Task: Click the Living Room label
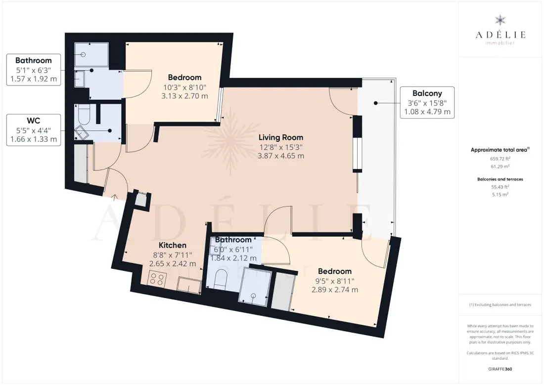click(281, 137)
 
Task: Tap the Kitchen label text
click(173, 245)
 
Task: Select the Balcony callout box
click(427, 103)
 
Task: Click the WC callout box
click(34, 130)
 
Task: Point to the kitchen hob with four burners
click(157, 278)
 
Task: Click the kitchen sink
click(189, 285)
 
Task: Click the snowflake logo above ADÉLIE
click(500, 20)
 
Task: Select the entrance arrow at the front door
click(115, 197)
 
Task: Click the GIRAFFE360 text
click(500, 369)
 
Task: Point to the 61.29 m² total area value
click(500, 167)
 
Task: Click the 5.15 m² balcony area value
click(500, 195)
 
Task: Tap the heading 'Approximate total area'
click(500, 150)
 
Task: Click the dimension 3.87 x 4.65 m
click(281, 156)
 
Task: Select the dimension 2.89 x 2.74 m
click(335, 290)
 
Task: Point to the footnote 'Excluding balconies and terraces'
click(500, 305)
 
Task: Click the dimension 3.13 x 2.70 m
click(184, 96)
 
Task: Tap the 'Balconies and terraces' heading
click(500, 179)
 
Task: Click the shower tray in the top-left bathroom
click(91, 55)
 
